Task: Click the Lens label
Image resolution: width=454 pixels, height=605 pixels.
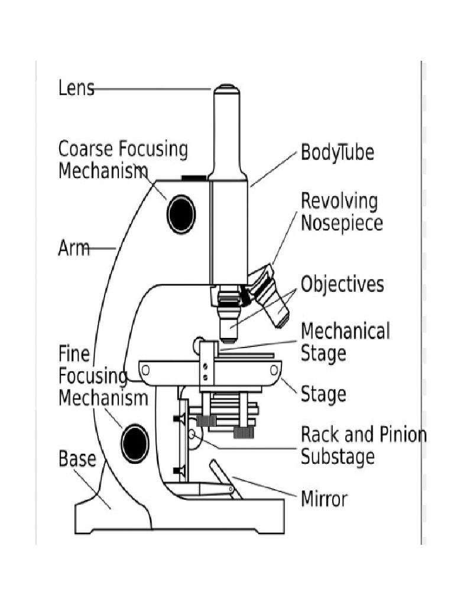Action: [x=76, y=88]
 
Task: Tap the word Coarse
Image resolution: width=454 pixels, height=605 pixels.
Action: [x=86, y=148]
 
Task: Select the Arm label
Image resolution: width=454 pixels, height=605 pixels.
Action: [x=74, y=248]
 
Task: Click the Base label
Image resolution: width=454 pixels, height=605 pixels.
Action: [x=77, y=458]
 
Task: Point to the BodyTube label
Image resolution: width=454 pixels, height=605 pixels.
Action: [x=338, y=152]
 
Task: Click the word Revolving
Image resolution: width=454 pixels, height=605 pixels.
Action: [x=339, y=201]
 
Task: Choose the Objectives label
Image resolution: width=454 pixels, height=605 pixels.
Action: [x=342, y=284]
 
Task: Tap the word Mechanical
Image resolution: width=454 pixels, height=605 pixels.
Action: [x=345, y=331]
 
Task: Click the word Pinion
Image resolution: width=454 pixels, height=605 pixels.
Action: [x=403, y=434]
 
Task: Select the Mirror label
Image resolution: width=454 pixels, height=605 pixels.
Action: [x=324, y=499]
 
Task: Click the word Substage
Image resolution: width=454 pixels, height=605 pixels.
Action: [x=338, y=457]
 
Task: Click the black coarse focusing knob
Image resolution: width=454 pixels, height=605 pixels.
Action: [x=181, y=214]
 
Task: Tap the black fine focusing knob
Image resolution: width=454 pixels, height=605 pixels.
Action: [x=135, y=443]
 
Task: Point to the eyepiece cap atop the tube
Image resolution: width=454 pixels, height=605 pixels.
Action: [x=227, y=90]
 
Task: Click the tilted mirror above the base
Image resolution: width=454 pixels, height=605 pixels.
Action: [x=226, y=479]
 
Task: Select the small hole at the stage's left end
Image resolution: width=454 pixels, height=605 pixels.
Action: [x=145, y=370]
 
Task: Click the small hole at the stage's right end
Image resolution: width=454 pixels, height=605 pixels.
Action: [x=274, y=370]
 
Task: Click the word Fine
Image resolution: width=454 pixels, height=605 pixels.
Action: [x=74, y=354]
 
